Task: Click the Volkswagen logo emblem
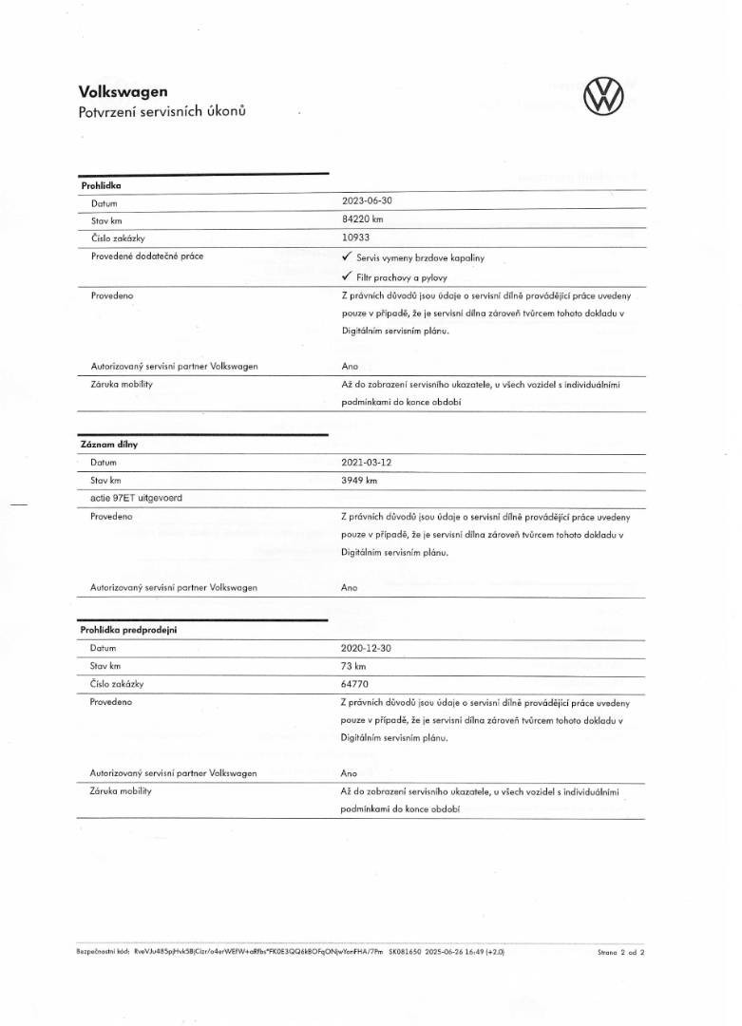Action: [606, 98]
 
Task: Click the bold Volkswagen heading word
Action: [123, 92]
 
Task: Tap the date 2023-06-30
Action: [366, 201]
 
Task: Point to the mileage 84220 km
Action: [362, 219]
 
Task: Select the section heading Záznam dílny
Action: [109, 444]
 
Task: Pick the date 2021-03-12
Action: [366, 462]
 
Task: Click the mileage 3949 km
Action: [359, 480]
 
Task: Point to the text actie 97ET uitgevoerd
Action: [130, 499]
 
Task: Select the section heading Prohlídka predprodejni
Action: [128, 629]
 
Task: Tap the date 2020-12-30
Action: [366, 647]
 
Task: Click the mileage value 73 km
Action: [353, 665]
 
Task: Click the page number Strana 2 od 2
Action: [621, 949]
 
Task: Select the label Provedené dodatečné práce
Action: [147, 256]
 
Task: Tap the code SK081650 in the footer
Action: [406, 949]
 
